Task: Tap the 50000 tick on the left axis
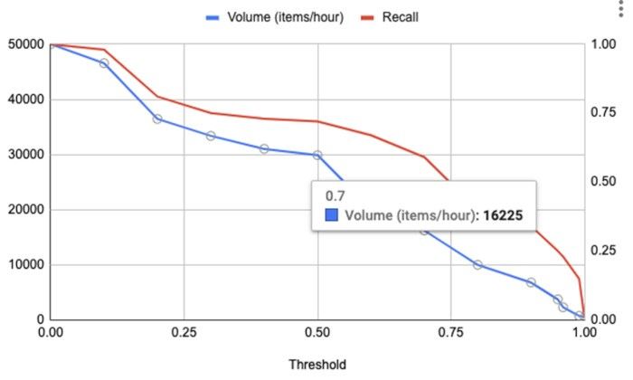pyautogui.click(x=25, y=44)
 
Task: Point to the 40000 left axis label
pyautogui.click(x=25, y=100)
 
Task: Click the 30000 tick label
pyautogui.click(x=25, y=155)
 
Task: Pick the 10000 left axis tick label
pyautogui.click(x=25, y=265)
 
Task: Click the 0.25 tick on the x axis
pyautogui.click(x=184, y=333)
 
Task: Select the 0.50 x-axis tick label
pyautogui.click(x=317, y=333)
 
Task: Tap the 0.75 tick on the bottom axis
pyautogui.click(x=450, y=333)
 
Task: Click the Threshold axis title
pyautogui.click(x=316, y=365)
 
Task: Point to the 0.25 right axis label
pyautogui.click(x=603, y=265)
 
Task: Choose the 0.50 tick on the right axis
pyautogui.click(x=603, y=182)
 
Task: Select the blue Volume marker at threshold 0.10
pyautogui.click(x=104, y=63)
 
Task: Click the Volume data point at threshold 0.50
pyautogui.click(x=317, y=155)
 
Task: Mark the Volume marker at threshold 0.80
pyautogui.click(x=477, y=265)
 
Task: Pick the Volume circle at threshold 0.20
pyautogui.click(x=157, y=119)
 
